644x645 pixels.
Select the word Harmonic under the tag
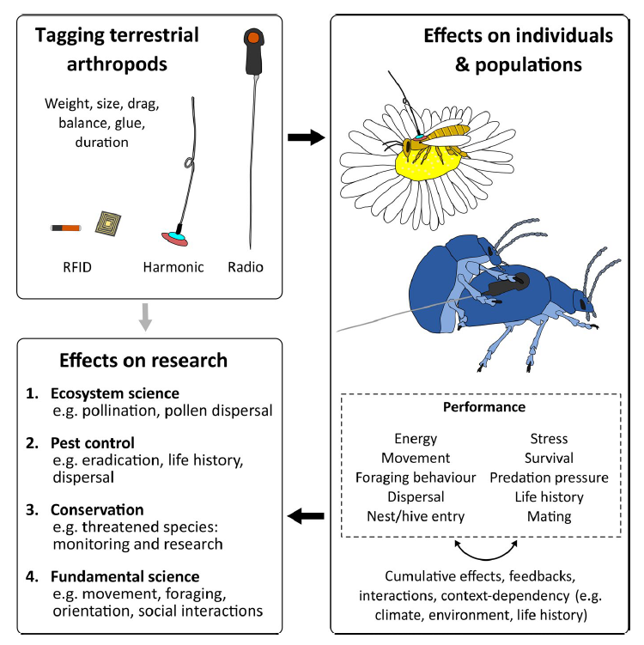pos(172,267)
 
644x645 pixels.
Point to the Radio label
pos(246,267)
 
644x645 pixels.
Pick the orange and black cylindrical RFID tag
pos(65,228)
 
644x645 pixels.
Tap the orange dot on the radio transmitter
pos(252,37)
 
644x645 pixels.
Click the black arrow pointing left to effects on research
pos(306,516)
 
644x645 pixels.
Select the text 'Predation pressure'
pos(549,478)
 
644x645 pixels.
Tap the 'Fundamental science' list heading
pos(120,575)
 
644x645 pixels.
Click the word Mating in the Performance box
pos(549,516)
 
